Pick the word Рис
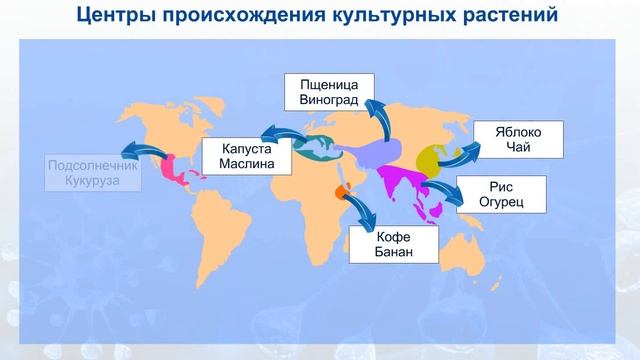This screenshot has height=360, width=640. [500, 186]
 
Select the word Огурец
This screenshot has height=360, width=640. [500, 202]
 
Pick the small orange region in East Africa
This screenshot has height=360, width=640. [342, 190]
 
